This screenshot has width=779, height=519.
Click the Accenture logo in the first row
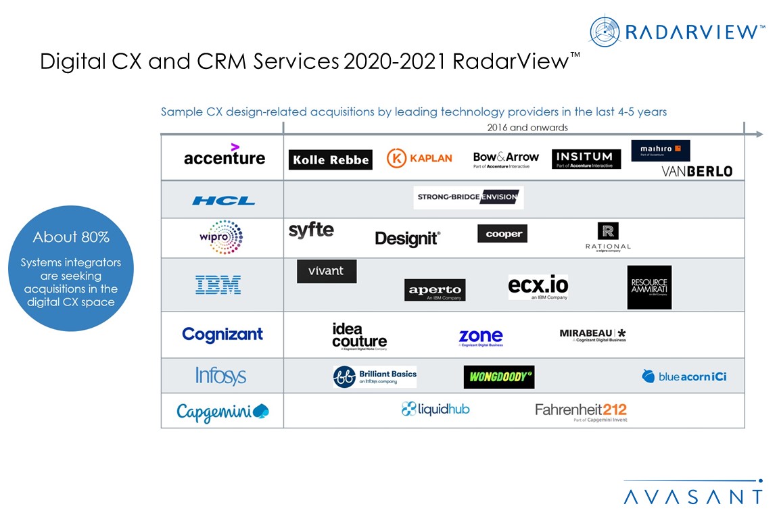[224, 157]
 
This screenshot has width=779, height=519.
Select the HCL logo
[223, 201]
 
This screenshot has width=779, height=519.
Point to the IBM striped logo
[218, 285]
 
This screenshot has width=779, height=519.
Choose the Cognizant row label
[222, 334]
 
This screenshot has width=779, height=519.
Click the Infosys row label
[220, 376]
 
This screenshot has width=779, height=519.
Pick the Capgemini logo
[222, 411]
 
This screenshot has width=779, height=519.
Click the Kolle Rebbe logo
[330, 159]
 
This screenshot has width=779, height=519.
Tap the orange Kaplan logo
[419, 158]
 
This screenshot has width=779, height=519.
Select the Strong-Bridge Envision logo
[468, 197]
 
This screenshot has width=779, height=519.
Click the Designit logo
[408, 238]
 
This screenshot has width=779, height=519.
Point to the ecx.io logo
[538, 287]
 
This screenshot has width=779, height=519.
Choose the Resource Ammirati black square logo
[649, 287]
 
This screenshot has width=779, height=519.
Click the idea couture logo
[359, 336]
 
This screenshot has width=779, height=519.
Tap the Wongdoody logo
[498, 377]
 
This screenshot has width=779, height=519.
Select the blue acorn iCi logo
[684, 376]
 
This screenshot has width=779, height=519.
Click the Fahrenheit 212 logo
[581, 410]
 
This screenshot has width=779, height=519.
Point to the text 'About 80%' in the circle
[71, 237]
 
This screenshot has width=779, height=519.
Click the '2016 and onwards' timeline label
[527, 127]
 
